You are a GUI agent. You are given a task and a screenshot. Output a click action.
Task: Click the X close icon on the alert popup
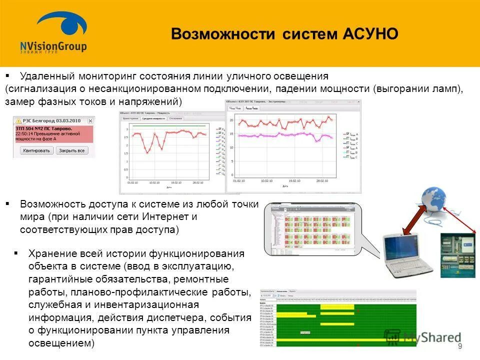coord(90,121)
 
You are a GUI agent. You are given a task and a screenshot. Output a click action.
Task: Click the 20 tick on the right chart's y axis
coord(231,120)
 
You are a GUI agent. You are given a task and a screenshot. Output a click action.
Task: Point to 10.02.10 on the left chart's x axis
coord(154,183)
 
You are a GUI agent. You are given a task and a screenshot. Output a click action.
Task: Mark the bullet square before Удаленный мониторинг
coord(7,75)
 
